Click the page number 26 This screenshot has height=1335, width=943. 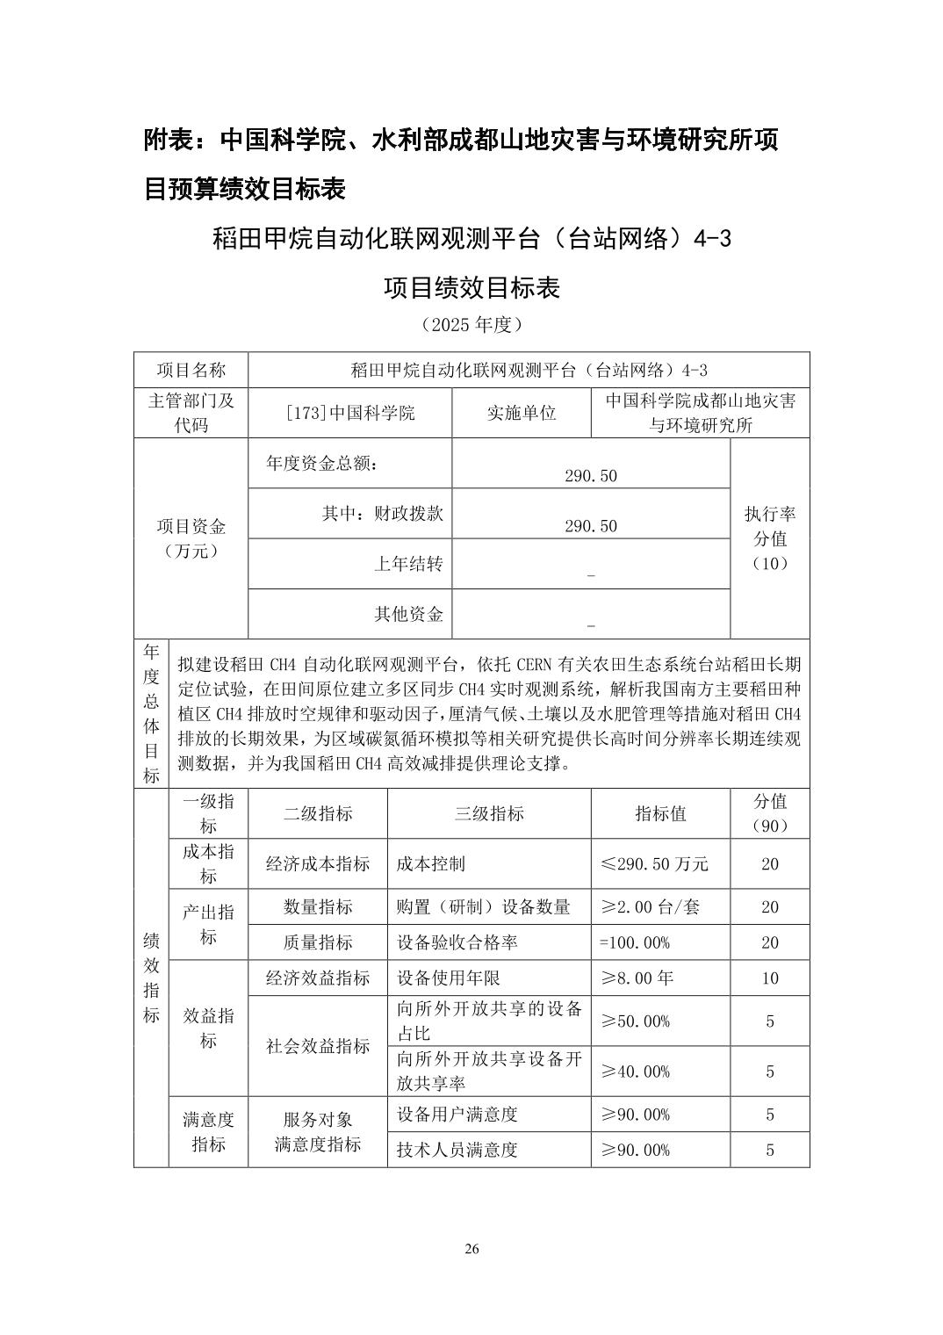471,1250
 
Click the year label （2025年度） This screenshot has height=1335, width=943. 471,325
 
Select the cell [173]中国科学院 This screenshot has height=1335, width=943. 350,413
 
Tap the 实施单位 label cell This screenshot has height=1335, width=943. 522,413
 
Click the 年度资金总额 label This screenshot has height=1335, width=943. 322,463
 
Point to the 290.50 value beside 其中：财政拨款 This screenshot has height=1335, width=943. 591,526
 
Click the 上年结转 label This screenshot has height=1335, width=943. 408,564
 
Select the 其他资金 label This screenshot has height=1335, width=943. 408,614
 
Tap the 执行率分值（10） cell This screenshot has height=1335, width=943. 770,538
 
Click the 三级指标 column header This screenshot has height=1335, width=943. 489,813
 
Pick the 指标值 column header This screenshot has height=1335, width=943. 660,813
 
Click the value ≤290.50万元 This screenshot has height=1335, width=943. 654,864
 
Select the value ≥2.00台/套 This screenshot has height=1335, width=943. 650,907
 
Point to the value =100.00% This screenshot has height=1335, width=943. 635,942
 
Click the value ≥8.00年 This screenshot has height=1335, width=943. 637,978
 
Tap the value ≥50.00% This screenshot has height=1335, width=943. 635,1021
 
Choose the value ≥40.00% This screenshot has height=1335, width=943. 635,1072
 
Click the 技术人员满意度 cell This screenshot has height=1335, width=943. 457,1150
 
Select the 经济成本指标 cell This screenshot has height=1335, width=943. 318,864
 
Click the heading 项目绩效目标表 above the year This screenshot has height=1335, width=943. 471,288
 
